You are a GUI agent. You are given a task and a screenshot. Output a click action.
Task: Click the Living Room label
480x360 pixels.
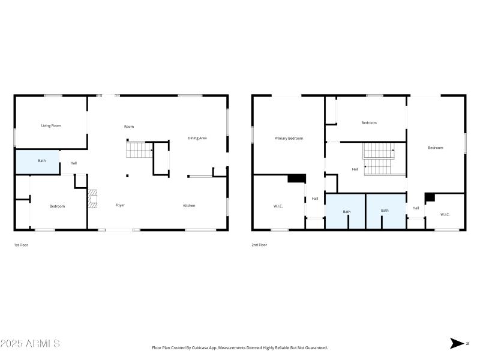(51, 125)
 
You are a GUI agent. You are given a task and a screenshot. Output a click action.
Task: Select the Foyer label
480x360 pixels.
(120, 206)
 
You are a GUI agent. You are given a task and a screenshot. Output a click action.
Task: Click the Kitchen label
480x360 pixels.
(189, 206)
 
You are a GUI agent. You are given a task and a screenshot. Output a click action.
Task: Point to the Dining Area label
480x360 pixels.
(197, 138)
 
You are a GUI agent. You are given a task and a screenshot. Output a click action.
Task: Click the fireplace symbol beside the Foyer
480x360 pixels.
(92, 199)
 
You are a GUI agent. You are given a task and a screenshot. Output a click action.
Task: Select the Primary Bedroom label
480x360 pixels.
(289, 138)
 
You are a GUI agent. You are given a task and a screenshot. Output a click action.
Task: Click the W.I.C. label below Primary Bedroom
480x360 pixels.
(278, 206)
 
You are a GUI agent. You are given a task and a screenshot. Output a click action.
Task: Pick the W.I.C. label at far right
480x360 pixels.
(445, 214)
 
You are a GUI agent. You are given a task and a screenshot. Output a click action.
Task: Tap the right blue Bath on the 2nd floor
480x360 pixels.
(385, 211)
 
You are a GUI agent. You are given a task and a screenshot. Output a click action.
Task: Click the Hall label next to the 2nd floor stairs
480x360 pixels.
(355, 169)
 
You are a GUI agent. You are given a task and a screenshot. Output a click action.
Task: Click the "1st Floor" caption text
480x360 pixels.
(20, 245)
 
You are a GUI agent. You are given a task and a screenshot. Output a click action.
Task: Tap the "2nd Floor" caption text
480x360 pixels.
(259, 245)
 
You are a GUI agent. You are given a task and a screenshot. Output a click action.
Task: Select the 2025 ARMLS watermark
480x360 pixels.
(30, 344)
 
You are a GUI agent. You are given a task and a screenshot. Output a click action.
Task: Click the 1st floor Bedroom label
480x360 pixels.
(57, 206)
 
